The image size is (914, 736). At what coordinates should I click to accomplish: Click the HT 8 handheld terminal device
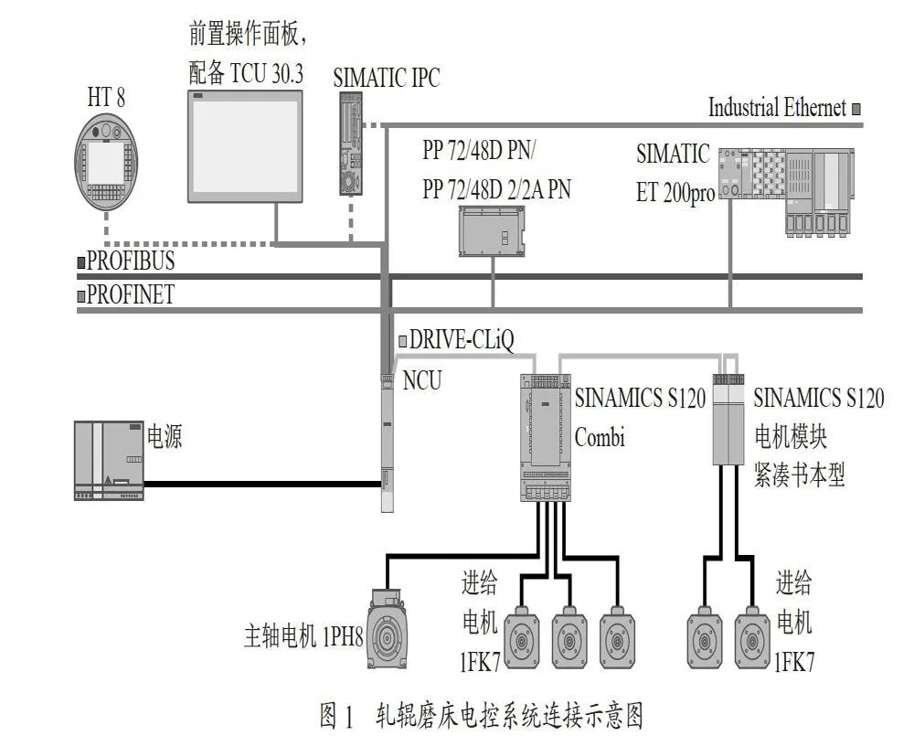coord(106,162)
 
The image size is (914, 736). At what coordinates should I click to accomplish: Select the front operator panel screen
coord(245,146)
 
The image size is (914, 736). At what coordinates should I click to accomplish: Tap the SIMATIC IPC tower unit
coord(351,144)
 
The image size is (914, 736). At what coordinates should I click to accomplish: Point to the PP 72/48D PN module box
coord(492,231)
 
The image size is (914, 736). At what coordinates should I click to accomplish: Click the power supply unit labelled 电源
coord(109,460)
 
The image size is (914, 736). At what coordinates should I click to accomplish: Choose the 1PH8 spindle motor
coord(387,628)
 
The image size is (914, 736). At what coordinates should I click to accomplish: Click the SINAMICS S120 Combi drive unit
coord(545,437)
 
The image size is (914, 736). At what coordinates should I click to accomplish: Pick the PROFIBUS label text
coord(131,260)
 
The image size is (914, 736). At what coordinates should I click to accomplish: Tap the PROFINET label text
coord(131,293)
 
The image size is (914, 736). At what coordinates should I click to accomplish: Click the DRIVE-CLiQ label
coord(462,340)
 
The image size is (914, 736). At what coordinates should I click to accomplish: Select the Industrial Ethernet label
coord(777,108)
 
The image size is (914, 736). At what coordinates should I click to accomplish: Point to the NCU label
coord(422,380)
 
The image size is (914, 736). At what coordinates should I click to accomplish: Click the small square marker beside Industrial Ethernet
coord(856,109)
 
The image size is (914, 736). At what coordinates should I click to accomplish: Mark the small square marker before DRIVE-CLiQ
coord(403,341)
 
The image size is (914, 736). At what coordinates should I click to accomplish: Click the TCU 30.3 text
coord(267,73)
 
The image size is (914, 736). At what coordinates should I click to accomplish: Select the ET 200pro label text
coord(675,193)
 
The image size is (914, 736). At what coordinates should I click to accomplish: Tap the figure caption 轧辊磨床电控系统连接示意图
coord(509,714)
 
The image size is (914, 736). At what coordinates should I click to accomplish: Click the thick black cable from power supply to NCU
coord(263,484)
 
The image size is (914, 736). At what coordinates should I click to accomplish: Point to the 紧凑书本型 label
coord(799,475)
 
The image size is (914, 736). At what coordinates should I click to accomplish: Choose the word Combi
coord(600,437)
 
